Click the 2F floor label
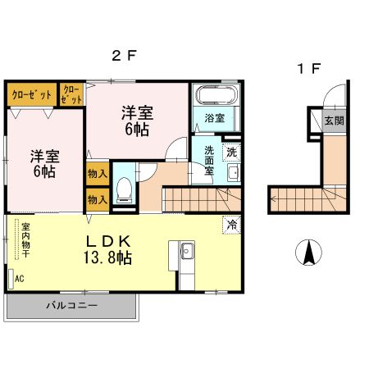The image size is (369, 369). pos(124,56)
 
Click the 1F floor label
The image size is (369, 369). pos(309,69)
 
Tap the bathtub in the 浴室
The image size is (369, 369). pos(217,95)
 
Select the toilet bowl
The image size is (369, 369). pos(124,189)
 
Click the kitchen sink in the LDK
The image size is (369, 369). pos(187,251)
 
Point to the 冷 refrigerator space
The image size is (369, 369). pos(232,225)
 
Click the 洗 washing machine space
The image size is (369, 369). pos(232,153)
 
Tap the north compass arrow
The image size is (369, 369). pos(309,253)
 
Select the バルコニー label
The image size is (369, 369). pos(71,305)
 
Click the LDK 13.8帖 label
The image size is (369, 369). pos(107,249)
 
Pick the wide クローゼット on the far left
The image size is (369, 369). pos(32,94)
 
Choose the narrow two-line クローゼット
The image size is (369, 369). pos(71,94)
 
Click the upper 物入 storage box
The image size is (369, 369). pos(98,174)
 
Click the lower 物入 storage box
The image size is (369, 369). pos(98,200)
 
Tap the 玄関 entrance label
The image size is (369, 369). pos(334,121)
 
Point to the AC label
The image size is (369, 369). pos(20,279)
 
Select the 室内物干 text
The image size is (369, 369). pos(25,240)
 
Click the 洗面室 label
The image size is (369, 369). pos(209,161)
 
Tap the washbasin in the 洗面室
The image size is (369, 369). pos(234,173)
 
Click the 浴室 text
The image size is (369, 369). pos(215,118)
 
